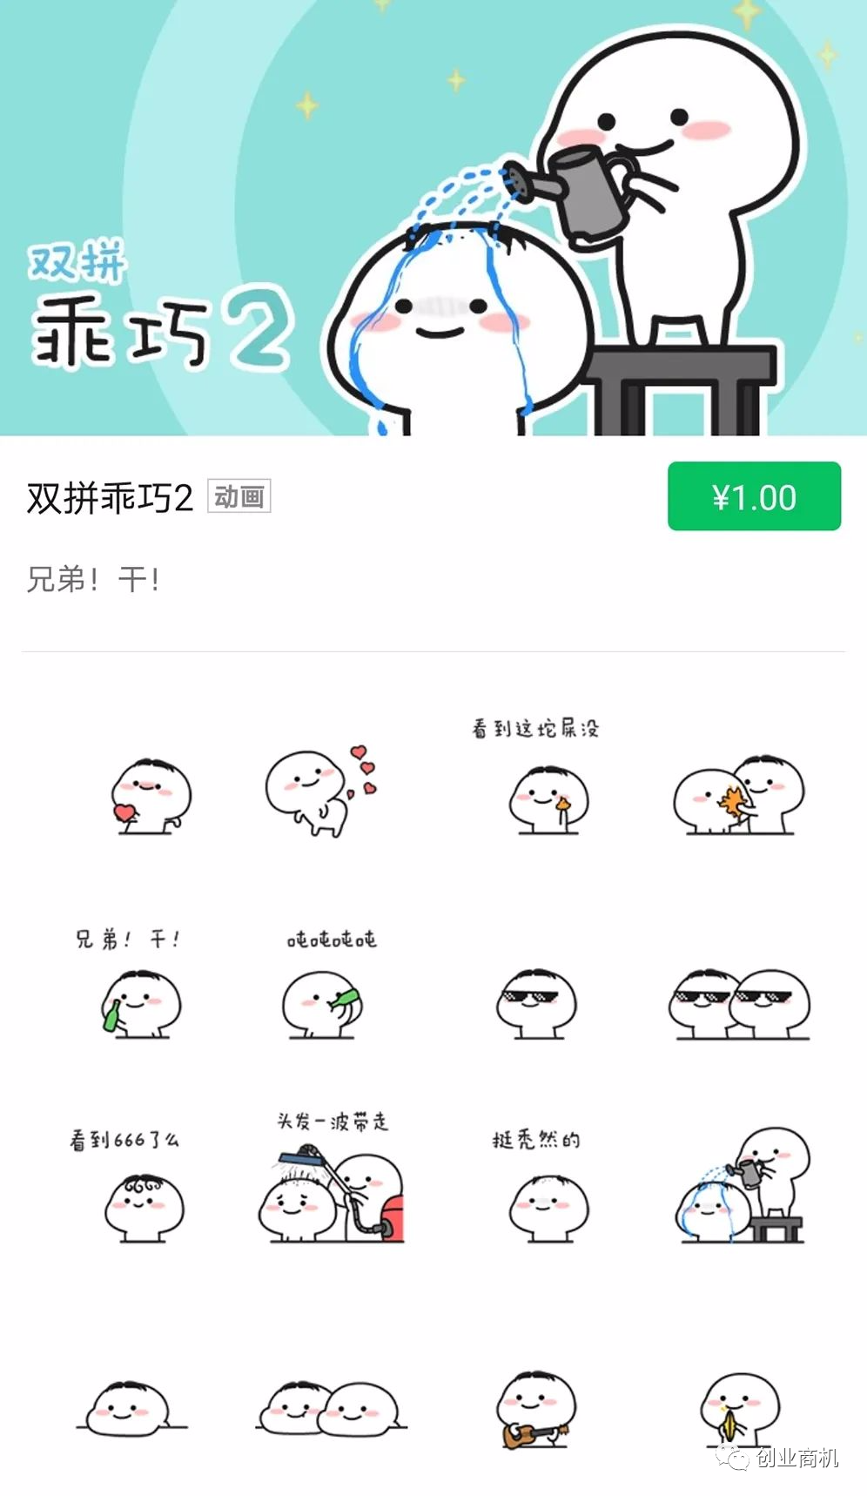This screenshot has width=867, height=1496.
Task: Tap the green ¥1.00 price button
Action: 754,496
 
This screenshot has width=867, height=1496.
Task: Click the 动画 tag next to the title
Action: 239,496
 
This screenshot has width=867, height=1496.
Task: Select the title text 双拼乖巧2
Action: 110,497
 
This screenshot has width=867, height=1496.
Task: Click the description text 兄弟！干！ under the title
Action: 93,579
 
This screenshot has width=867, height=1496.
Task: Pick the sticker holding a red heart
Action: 150,796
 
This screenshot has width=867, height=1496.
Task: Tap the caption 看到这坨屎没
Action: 535,728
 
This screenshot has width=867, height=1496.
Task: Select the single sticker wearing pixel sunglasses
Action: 537,1003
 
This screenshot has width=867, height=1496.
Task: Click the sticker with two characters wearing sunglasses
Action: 740,1003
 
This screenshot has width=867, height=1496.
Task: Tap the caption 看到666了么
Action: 124,1139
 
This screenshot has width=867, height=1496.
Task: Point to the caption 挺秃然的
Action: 536,1139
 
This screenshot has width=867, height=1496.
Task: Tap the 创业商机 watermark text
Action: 797,1458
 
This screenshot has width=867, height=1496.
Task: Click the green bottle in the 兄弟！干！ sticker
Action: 112,1015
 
